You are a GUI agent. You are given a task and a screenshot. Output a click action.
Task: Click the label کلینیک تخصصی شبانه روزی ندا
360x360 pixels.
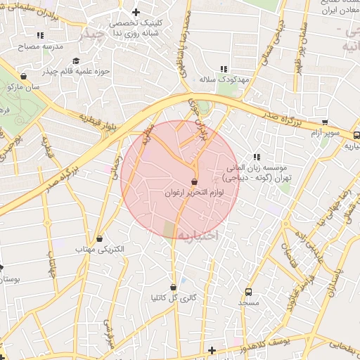coord(138,27)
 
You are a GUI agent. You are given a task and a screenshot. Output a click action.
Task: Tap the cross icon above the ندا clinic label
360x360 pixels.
coord(136,12)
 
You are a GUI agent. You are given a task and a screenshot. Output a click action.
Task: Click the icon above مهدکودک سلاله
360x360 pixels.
coord(224,69)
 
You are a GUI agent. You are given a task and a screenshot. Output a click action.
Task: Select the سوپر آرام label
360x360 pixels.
coord(327,133)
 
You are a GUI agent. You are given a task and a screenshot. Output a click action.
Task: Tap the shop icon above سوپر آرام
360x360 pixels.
coord(323,122)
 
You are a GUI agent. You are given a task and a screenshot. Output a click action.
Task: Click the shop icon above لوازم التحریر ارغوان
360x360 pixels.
coord(194,181)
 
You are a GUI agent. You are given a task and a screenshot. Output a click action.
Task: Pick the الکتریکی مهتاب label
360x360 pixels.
coord(101,249)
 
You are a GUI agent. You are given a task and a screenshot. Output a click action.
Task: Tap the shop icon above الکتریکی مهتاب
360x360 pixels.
coord(99,238)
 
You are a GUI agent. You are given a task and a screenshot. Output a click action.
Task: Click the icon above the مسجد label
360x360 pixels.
coord(248,292)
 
